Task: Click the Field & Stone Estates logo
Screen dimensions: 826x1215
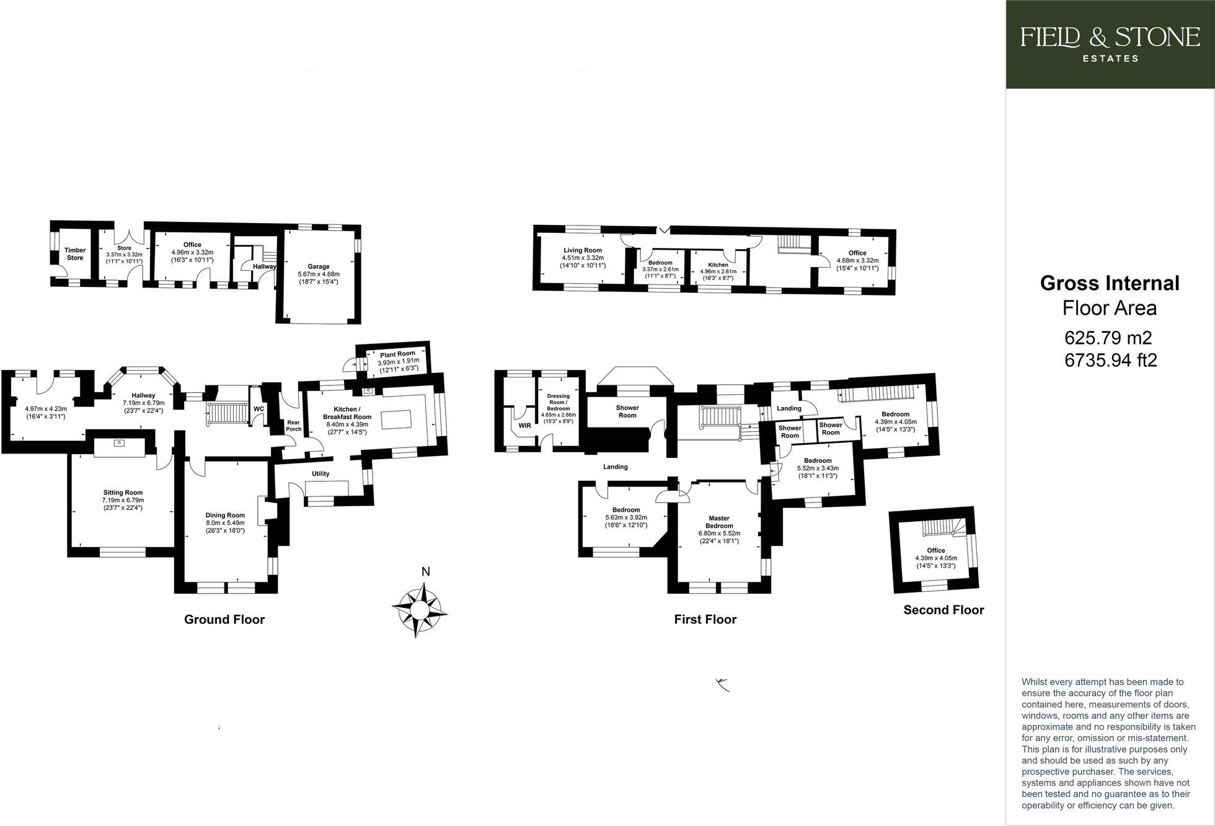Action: point(1110,43)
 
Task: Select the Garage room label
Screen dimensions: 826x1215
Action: point(319,266)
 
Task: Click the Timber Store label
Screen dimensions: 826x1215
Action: point(75,254)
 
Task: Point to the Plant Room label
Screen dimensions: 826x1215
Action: point(398,354)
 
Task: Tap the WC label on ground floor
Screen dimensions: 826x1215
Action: point(258,409)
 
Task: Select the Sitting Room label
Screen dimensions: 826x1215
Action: point(123,493)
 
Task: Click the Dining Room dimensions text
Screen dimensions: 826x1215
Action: point(226,526)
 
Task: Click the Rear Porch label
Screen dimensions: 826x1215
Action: point(293,426)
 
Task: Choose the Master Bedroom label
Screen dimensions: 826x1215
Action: point(719,522)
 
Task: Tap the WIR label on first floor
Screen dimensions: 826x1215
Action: point(524,426)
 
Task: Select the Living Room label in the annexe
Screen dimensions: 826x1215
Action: point(583,250)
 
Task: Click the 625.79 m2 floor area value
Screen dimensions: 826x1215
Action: point(1108,338)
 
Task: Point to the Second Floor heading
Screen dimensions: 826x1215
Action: point(943,610)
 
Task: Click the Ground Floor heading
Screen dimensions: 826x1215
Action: point(224,619)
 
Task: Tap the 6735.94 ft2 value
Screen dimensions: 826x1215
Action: point(1110,360)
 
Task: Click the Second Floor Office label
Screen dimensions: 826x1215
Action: point(935,550)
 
